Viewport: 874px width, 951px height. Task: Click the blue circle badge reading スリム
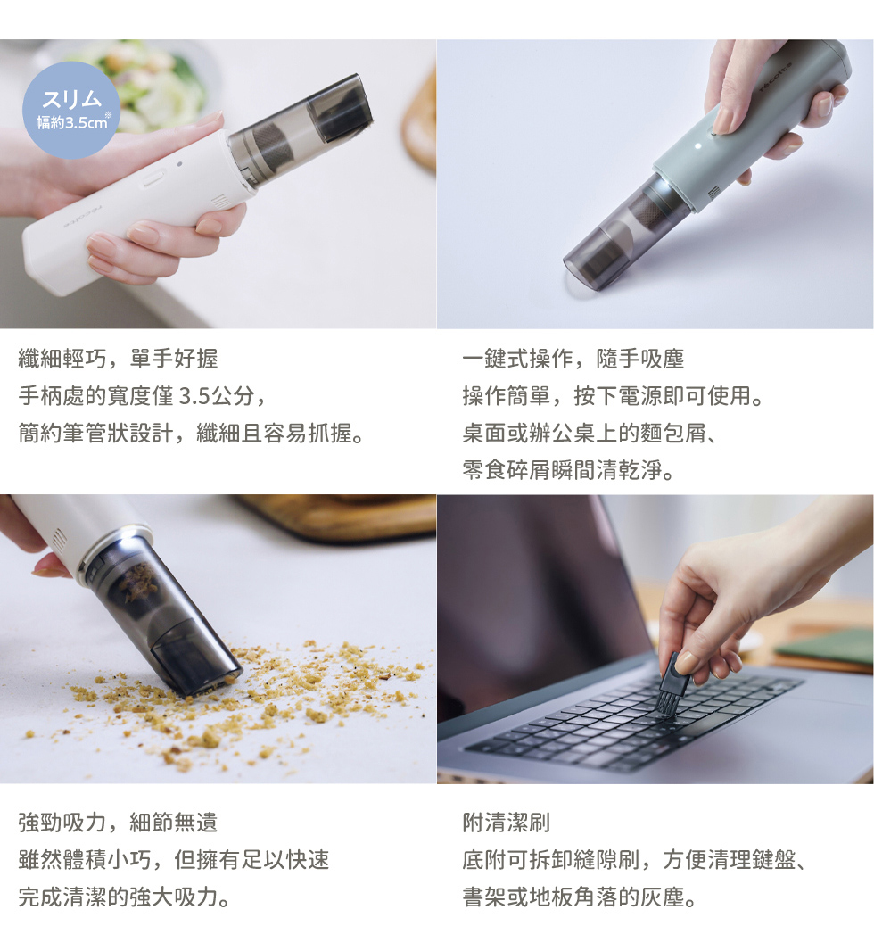click(71, 110)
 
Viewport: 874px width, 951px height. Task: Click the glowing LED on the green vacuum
click(697, 145)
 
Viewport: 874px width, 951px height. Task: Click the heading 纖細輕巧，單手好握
click(119, 359)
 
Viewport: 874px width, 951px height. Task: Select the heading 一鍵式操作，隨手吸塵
click(573, 359)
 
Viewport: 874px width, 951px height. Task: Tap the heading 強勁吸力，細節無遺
click(119, 823)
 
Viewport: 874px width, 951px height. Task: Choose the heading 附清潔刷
click(506, 823)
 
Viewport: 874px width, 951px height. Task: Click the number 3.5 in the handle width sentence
click(194, 396)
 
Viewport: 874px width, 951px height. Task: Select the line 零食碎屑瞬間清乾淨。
click(568, 470)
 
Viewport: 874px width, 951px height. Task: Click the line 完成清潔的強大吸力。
click(124, 897)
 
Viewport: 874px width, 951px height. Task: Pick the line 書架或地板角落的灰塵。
click(580, 897)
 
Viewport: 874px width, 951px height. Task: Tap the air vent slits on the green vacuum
click(714, 193)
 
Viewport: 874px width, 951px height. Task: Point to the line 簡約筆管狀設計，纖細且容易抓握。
click(192, 433)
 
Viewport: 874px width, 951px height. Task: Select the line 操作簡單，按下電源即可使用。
click(613, 396)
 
